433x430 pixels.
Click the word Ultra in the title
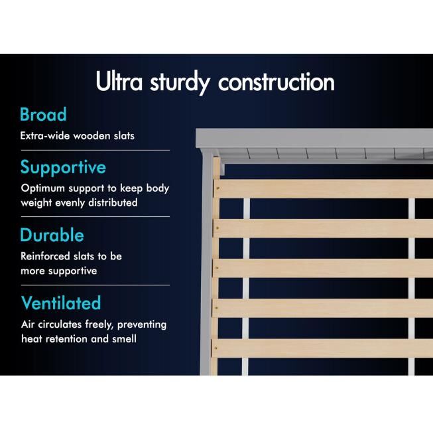tap(119, 81)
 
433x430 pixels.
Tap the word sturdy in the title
tap(180, 83)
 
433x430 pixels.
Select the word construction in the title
tap(277, 82)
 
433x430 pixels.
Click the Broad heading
tap(43, 114)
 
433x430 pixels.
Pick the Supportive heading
tap(63, 168)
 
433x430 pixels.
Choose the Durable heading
tap(52, 235)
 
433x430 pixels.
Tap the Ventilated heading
tap(61, 303)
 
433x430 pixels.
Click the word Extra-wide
tap(45, 135)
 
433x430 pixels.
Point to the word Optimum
tap(43, 188)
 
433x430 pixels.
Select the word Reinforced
tap(45, 256)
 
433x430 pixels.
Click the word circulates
tap(60, 324)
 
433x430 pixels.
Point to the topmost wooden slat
tap(323, 188)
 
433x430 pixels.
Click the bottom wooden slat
tap(322, 348)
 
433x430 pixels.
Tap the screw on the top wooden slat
tap(218, 188)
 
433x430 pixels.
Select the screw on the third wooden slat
tap(217, 268)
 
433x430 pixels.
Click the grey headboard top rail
tap(314, 138)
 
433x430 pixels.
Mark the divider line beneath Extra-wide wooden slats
tap(95, 151)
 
